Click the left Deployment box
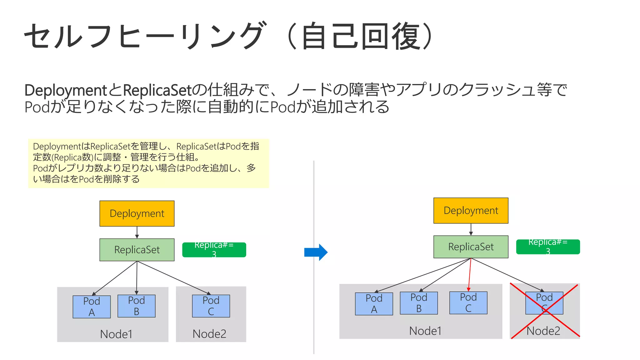point(137,213)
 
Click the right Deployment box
point(471,210)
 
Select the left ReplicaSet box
point(137,250)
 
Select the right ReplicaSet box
point(471,247)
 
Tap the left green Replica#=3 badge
point(214,250)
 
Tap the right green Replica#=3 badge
point(548,247)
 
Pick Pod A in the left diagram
point(92,307)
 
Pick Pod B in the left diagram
point(136,306)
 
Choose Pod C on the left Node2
point(211,306)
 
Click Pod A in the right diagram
point(374,303)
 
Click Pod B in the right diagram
point(419,303)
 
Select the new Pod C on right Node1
point(468,302)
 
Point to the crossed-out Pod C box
point(544,303)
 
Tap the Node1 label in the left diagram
point(116,334)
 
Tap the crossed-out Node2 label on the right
point(543,331)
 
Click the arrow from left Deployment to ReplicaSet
point(137,232)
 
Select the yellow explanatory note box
point(148,163)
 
